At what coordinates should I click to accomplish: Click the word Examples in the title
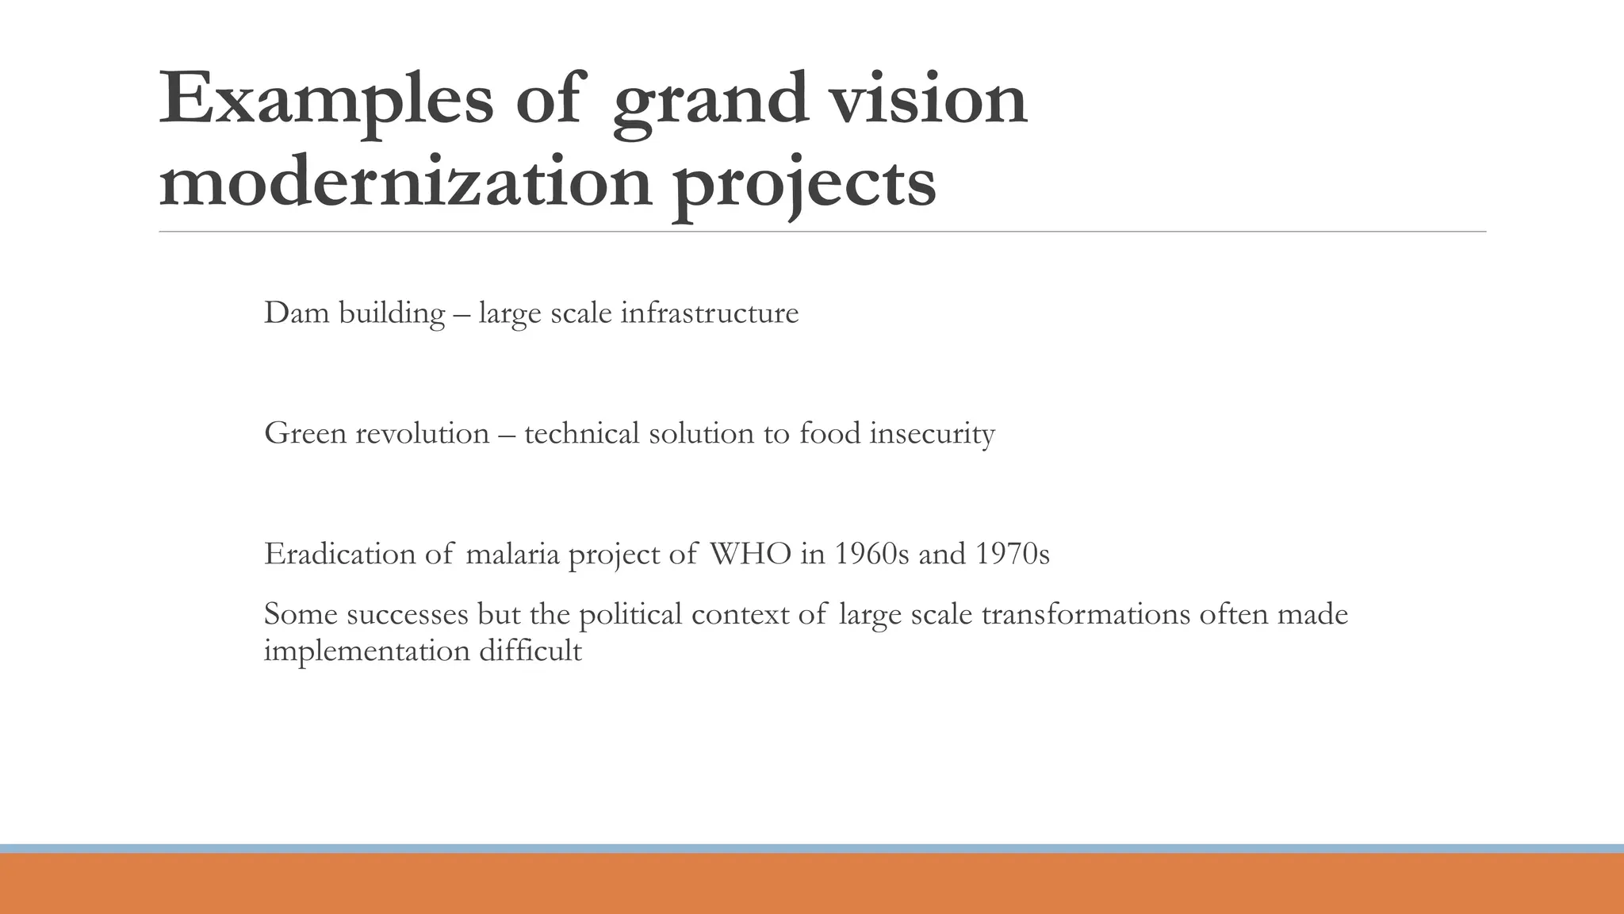326,100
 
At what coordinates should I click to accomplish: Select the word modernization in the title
405,183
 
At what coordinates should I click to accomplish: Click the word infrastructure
709,313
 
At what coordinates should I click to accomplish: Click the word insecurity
932,434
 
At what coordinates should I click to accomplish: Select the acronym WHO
749,554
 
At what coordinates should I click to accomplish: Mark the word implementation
366,651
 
